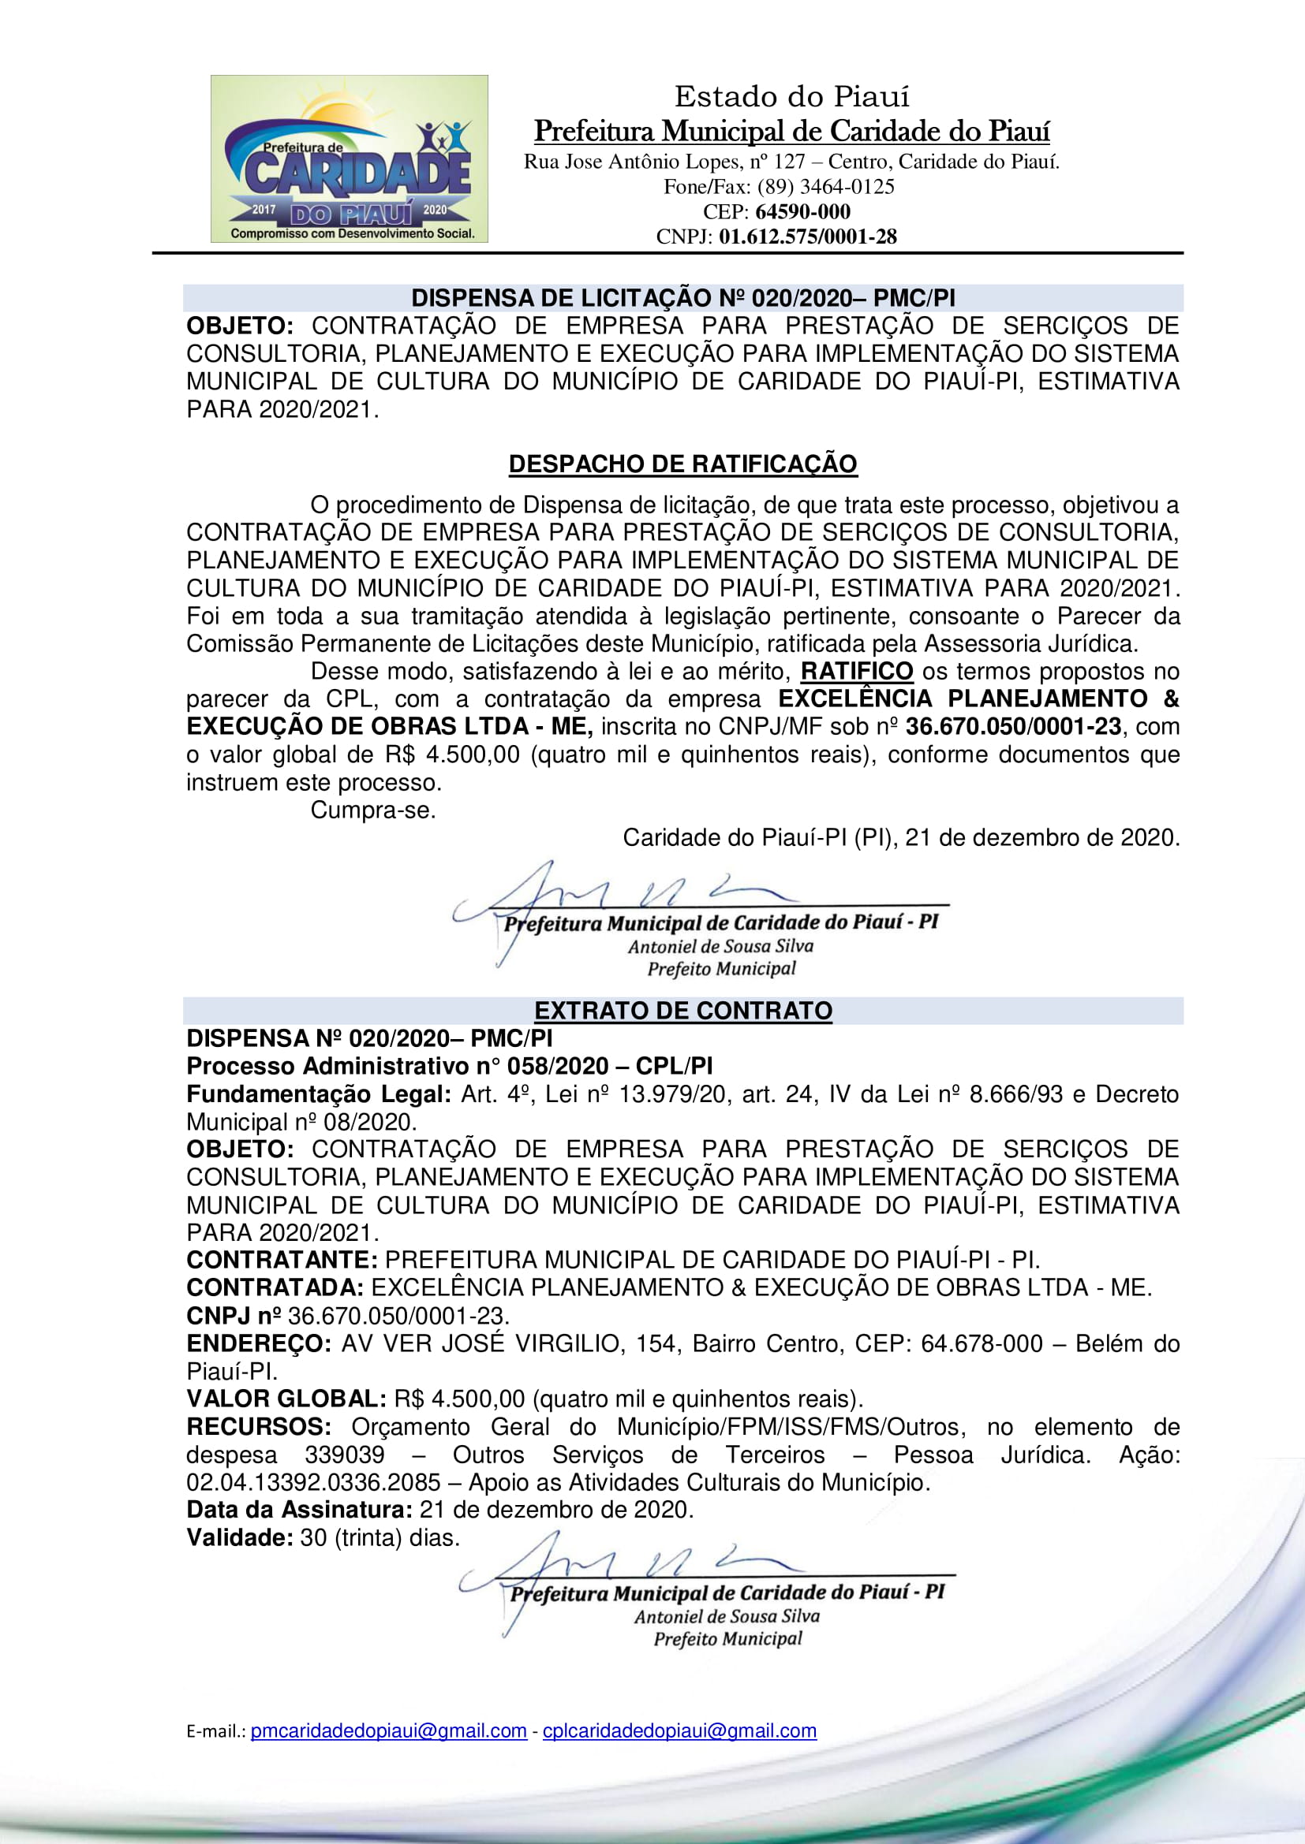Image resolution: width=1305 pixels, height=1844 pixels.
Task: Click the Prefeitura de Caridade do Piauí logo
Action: click(x=349, y=159)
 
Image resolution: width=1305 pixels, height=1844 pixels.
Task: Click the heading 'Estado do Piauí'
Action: click(x=791, y=97)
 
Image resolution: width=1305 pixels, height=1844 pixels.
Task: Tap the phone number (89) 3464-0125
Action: click(x=825, y=187)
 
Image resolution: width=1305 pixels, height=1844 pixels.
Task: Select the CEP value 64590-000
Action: click(x=802, y=212)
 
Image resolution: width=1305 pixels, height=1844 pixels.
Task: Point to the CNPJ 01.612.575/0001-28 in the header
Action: click(x=807, y=237)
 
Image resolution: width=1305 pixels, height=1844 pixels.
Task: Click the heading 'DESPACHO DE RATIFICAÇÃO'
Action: click(x=682, y=464)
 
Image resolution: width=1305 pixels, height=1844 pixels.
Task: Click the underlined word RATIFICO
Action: click(x=857, y=672)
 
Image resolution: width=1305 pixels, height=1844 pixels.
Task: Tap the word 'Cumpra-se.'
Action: click(x=373, y=810)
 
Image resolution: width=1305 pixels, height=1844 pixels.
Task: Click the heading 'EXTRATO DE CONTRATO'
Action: click(x=683, y=1011)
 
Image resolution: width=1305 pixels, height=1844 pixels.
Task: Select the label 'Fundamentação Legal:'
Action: click(x=318, y=1094)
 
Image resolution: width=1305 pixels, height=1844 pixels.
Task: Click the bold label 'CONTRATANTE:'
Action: click(x=281, y=1259)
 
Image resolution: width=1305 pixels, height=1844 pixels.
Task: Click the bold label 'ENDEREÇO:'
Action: click(x=258, y=1343)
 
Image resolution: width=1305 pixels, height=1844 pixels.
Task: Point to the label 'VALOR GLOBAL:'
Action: click(x=286, y=1399)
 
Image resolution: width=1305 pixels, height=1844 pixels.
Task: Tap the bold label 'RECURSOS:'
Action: click(x=258, y=1426)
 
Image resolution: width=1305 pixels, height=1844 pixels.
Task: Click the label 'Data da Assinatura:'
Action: click(x=299, y=1509)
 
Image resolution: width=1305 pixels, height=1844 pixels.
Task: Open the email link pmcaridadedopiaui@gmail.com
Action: click(x=388, y=1730)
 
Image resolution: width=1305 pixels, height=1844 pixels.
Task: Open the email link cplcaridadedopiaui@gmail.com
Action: click(x=679, y=1730)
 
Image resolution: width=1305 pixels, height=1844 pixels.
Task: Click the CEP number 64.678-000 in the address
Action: click(x=982, y=1343)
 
